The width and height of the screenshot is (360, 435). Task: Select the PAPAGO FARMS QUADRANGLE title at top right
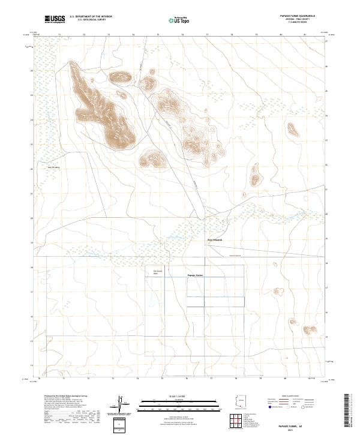click(299, 16)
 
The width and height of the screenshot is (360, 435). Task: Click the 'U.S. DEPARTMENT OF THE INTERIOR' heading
click(91, 17)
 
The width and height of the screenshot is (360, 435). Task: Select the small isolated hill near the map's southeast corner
click(308, 329)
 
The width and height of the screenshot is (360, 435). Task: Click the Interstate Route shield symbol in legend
click(269, 407)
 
